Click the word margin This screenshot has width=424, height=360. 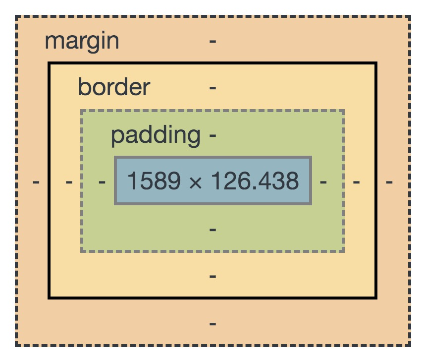tap(82, 41)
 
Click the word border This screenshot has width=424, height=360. tap(114, 88)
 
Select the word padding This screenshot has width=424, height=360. tap(156, 135)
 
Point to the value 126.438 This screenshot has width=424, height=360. tap(255, 181)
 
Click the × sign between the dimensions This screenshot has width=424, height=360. tap(196, 182)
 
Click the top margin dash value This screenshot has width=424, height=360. tap(212, 41)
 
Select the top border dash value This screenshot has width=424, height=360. tap(212, 88)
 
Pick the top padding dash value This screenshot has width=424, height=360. tap(213, 135)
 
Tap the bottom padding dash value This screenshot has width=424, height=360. tap(212, 230)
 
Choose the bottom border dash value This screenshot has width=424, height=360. tap(212, 276)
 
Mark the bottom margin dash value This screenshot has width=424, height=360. tap(212, 323)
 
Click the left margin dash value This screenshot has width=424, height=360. tap(36, 182)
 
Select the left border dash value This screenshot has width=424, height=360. tap(69, 182)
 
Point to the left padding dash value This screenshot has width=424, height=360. tap(102, 182)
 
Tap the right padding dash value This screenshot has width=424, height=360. tap(323, 182)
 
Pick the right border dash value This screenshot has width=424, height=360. tap(356, 182)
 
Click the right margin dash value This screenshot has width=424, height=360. tap(389, 182)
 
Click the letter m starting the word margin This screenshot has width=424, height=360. tap(53, 42)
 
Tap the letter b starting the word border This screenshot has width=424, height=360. tap(83, 88)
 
